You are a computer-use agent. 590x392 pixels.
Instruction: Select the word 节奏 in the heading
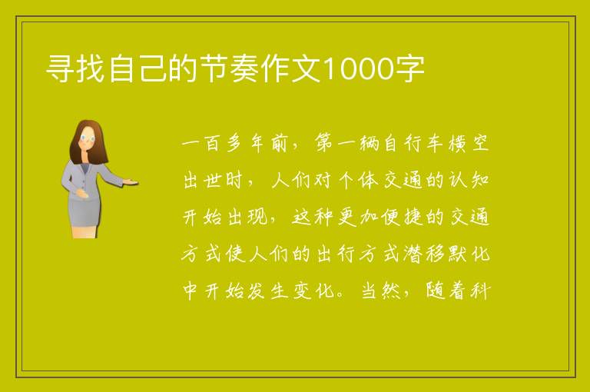[230, 68]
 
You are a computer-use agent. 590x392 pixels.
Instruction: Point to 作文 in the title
[292, 68]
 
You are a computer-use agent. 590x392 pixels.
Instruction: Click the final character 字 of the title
[410, 68]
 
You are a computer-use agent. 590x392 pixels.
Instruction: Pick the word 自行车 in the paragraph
[413, 144]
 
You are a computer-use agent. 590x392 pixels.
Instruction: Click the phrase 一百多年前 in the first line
[234, 144]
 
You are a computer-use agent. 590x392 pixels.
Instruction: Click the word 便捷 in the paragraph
[402, 218]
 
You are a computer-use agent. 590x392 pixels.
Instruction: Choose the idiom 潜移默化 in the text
[446, 254]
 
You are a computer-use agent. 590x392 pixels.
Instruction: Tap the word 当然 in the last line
[380, 291]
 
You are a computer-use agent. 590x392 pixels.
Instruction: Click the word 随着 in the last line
[446, 291]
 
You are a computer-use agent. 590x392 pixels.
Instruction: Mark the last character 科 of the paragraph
[479, 291]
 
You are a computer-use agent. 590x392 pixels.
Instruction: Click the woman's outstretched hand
[131, 182]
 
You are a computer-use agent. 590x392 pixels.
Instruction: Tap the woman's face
[88, 138]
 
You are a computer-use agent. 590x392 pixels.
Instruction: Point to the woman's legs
[84, 232]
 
